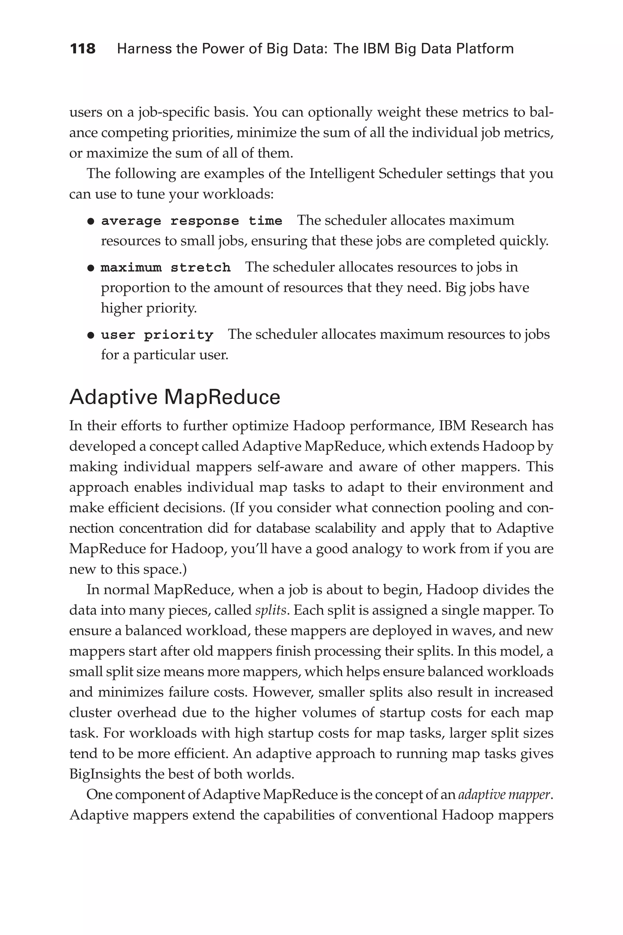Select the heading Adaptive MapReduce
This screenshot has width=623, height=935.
[x=175, y=397]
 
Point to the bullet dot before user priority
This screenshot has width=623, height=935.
[x=91, y=335]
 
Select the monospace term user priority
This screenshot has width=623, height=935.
[x=157, y=335]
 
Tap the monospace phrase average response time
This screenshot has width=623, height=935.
[x=192, y=221]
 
